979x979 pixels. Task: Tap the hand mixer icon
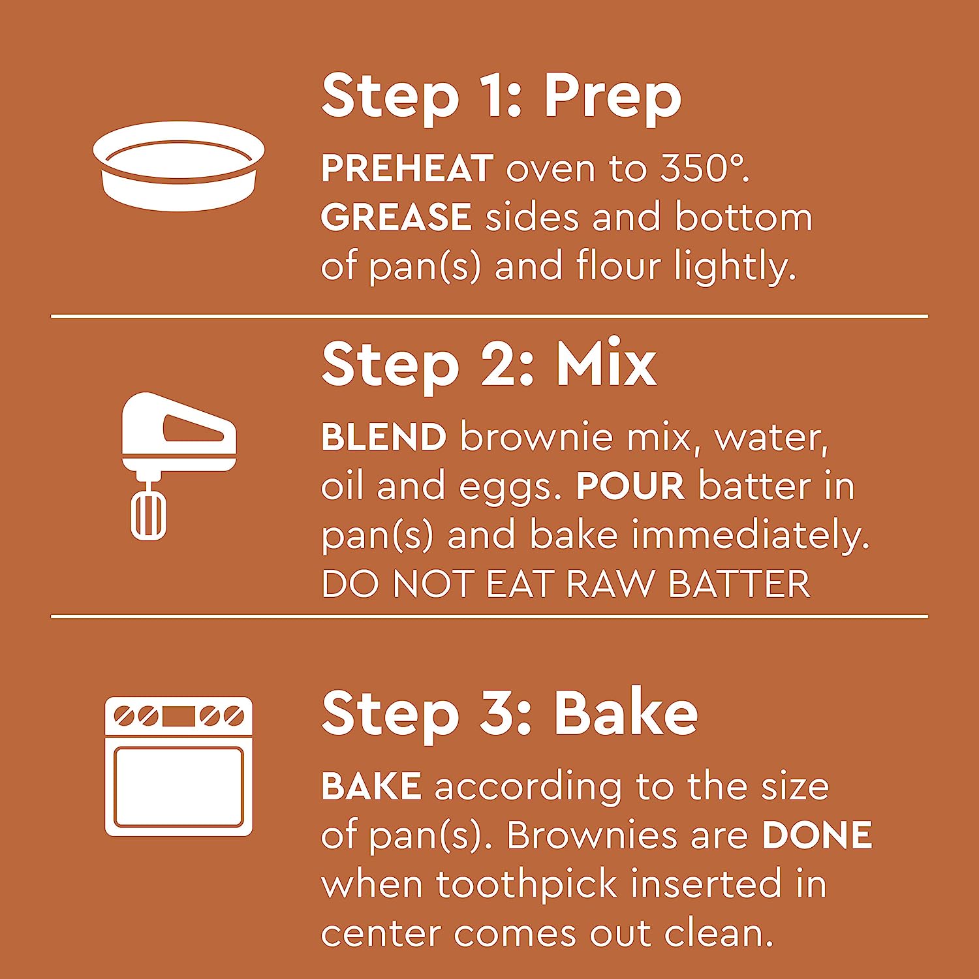(x=179, y=465)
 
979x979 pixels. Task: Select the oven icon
(x=179, y=766)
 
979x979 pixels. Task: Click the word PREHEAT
(x=407, y=169)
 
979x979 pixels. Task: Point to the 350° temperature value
(x=704, y=168)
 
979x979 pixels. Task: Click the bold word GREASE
(x=396, y=217)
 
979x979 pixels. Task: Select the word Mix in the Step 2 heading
(x=606, y=364)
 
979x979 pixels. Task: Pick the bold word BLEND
(x=384, y=437)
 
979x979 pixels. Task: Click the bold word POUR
(x=630, y=486)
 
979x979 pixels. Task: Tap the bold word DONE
(x=817, y=835)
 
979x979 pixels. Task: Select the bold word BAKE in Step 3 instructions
(x=371, y=786)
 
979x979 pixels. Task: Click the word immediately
(x=751, y=535)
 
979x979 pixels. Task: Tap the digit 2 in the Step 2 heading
(x=499, y=364)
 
